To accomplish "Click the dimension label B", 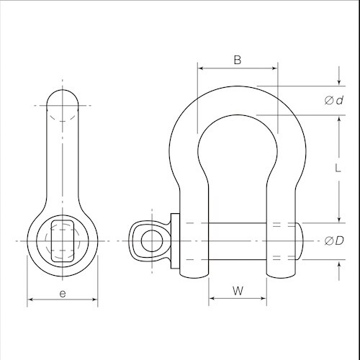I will pyautogui.click(x=237, y=60).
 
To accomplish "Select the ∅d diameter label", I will pyautogui.click(x=333, y=100).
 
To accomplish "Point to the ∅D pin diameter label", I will pyautogui.click(x=333, y=239).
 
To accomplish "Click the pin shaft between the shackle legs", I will pyautogui.click(x=237, y=239).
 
